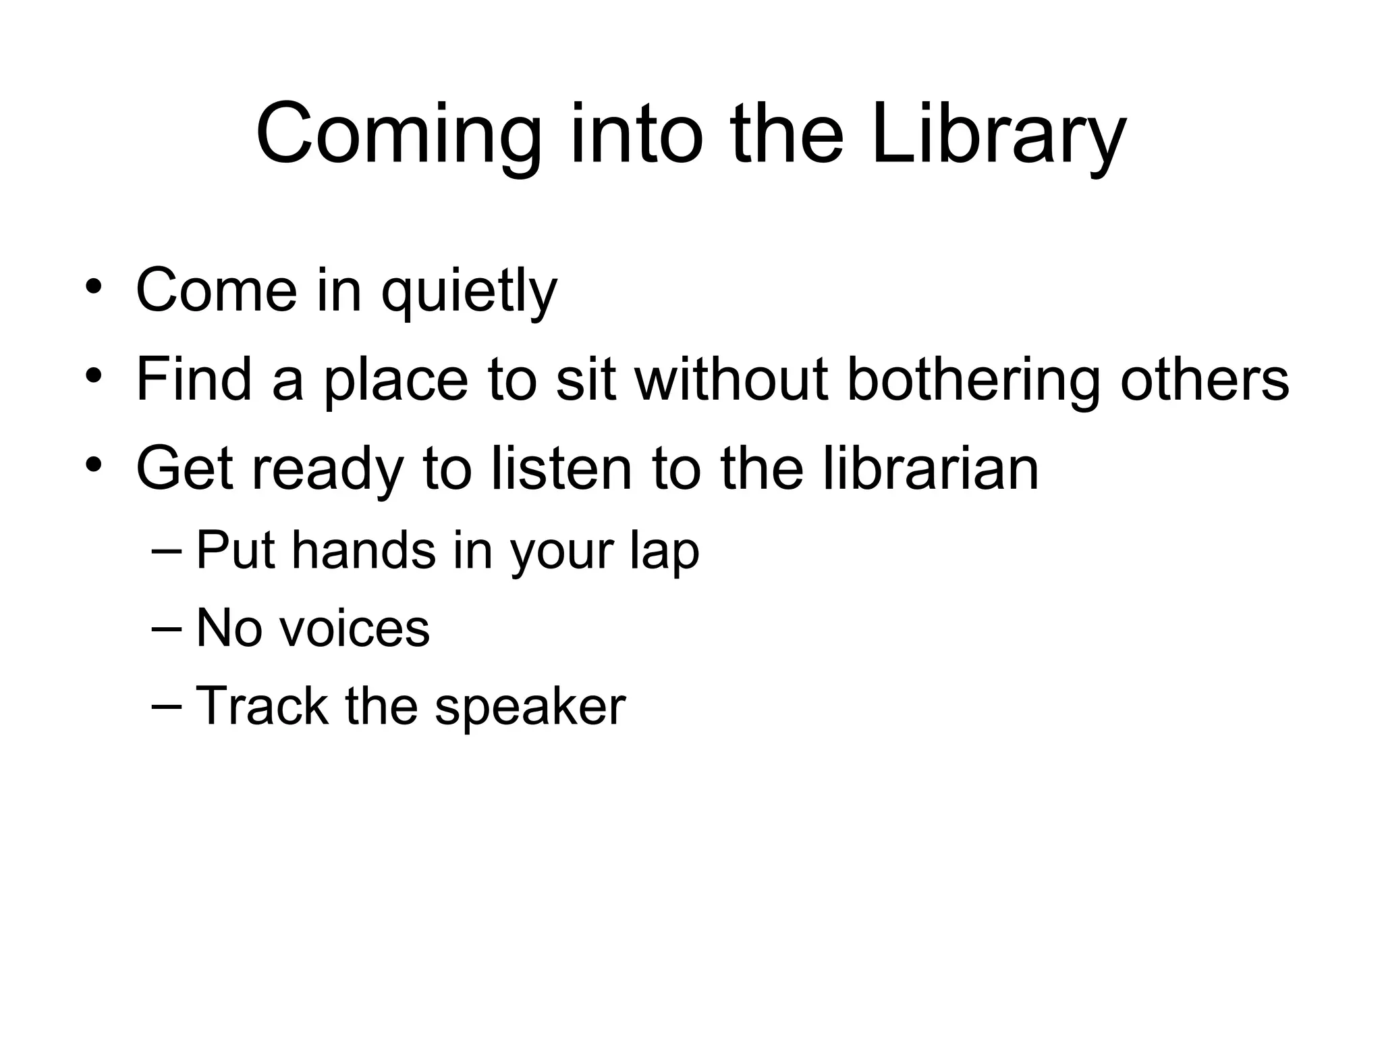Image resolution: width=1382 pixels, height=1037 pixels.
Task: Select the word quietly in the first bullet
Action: [469, 291]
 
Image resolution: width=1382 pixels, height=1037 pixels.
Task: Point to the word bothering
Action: [972, 380]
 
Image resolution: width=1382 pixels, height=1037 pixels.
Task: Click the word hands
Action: [364, 550]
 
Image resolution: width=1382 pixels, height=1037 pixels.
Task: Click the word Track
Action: [262, 706]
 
